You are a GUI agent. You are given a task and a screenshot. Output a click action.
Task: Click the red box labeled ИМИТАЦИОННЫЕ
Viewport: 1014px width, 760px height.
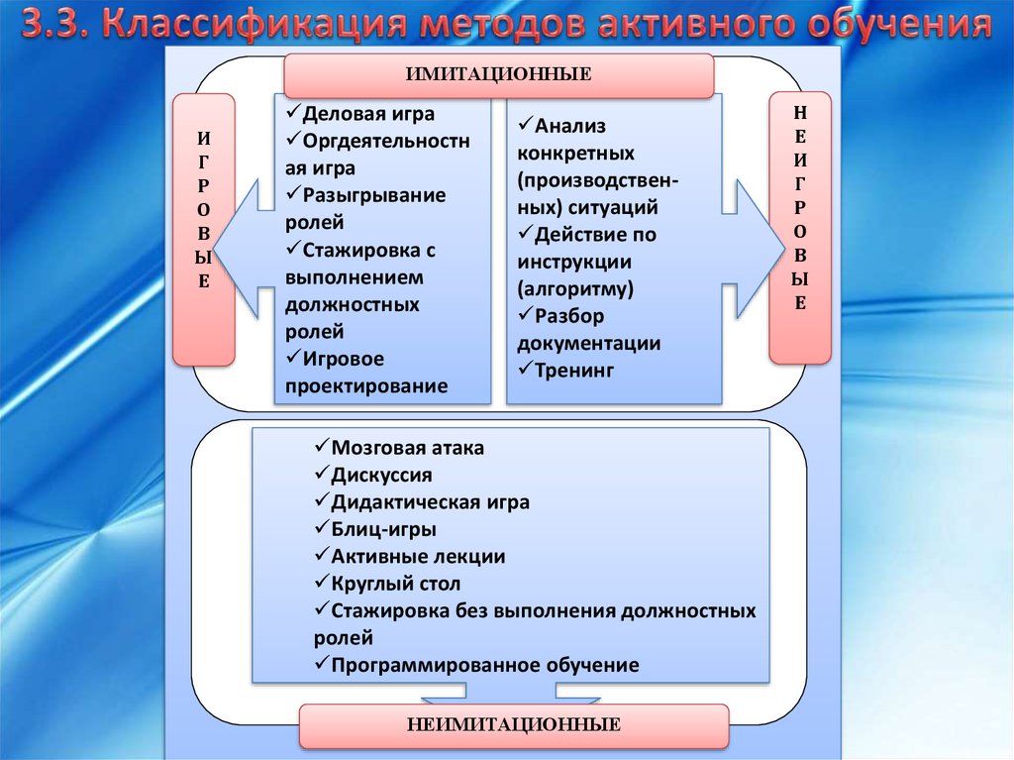[498, 75]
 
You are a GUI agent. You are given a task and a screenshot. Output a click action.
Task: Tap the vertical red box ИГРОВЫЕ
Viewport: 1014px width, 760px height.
[203, 228]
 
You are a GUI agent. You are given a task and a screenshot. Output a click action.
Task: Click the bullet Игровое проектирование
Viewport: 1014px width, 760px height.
[365, 372]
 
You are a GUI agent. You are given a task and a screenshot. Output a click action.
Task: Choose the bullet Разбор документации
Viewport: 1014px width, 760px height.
[588, 330]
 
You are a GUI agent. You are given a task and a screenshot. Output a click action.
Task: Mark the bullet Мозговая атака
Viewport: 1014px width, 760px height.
[407, 448]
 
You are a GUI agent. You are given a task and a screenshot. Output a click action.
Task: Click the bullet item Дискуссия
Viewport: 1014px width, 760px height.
[381, 476]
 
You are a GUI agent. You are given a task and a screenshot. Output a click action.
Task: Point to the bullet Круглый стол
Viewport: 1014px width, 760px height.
[395, 584]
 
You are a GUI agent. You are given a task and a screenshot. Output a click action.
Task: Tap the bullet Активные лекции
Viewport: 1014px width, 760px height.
[417, 557]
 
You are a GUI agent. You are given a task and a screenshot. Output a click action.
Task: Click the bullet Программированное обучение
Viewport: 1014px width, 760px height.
[484, 665]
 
